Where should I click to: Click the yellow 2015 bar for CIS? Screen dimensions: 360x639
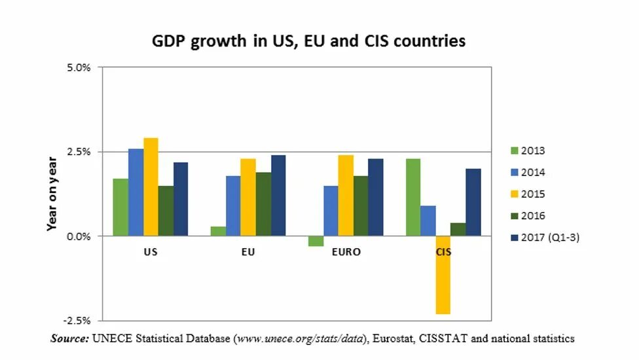tap(442, 275)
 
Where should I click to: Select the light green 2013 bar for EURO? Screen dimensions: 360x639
tap(316, 241)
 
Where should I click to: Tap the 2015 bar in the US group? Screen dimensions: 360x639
tap(151, 187)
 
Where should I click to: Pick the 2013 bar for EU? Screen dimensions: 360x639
tap(218, 231)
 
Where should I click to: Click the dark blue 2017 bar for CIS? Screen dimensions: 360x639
tap(473, 202)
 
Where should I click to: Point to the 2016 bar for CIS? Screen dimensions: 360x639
tap(458, 229)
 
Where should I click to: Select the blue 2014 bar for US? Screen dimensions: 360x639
tap(136, 192)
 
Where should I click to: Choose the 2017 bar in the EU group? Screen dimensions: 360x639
tap(278, 195)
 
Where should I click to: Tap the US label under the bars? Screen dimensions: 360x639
tap(151, 251)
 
